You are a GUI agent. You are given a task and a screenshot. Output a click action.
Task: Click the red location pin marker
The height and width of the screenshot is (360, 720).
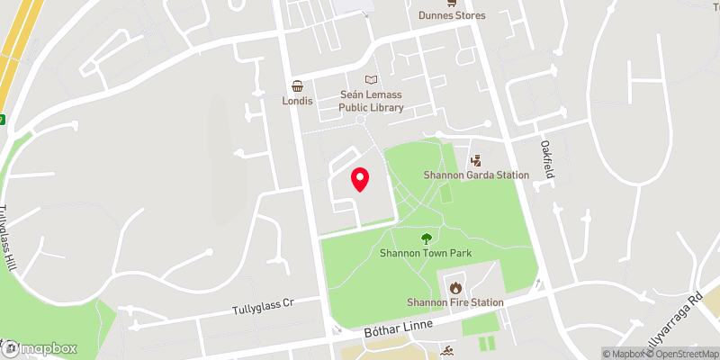[360, 179]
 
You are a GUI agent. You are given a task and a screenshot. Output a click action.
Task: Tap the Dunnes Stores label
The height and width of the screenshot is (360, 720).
[452, 15]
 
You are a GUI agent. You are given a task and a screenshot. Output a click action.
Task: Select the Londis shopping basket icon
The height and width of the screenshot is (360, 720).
[297, 85]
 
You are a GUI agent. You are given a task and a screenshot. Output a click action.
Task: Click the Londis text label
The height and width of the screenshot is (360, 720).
[297, 101]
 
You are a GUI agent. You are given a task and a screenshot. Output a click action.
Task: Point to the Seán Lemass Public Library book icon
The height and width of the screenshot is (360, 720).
[371, 80]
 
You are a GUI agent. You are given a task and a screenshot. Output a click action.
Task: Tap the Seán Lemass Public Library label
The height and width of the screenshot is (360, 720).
[371, 101]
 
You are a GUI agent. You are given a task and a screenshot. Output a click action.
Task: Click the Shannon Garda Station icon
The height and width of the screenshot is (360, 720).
[476, 159]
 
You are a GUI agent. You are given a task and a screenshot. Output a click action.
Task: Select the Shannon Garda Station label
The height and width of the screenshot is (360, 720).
[476, 175]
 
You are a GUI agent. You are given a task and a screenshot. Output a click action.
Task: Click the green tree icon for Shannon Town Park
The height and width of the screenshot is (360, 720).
[426, 238]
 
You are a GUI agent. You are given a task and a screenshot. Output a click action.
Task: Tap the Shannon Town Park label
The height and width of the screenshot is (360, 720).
[426, 254]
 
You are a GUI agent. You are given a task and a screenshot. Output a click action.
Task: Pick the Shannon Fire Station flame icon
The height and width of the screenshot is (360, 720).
[454, 288]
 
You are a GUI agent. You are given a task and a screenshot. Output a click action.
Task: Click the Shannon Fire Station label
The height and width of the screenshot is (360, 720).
[454, 302]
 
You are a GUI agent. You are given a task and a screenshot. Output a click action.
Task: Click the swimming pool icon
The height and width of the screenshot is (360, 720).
[448, 349]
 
